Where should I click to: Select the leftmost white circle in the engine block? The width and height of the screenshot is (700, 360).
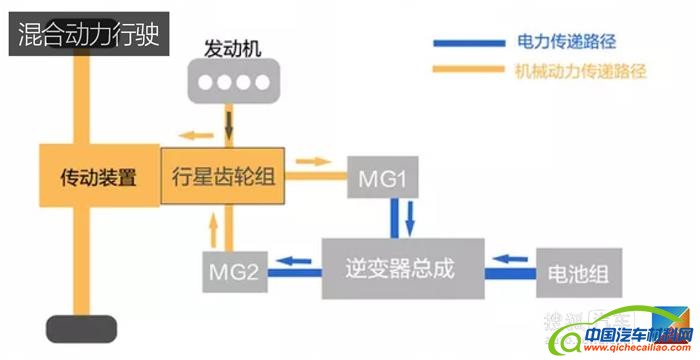[206, 82]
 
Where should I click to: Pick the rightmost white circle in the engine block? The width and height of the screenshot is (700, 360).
[258, 82]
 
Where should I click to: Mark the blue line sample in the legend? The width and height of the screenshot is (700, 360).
[470, 44]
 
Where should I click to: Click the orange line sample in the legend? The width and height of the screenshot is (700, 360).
[470, 70]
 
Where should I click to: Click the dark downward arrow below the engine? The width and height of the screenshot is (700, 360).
[231, 128]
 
